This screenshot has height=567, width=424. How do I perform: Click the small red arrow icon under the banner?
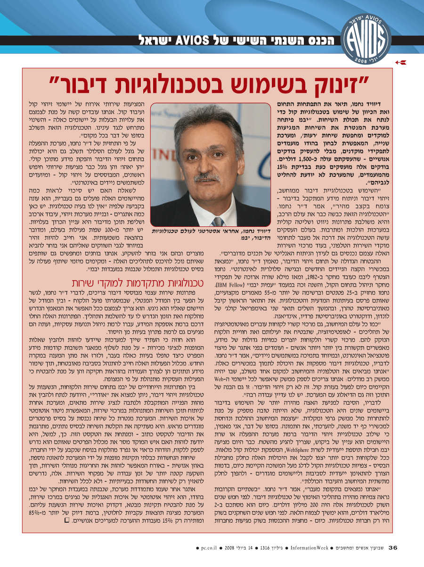(400, 62)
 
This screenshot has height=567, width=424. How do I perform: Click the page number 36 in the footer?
(393, 548)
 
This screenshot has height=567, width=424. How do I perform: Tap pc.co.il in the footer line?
(208, 548)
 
